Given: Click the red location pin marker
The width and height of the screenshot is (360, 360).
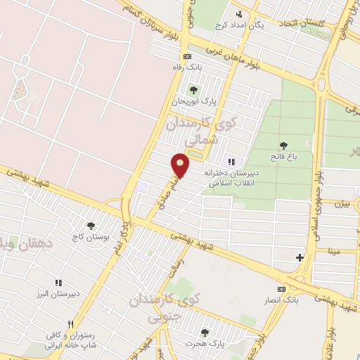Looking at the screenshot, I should (x=181, y=165).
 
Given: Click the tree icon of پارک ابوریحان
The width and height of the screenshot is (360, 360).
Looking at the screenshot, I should (x=193, y=90).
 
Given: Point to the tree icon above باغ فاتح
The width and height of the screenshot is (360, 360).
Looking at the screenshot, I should (x=283, y=146).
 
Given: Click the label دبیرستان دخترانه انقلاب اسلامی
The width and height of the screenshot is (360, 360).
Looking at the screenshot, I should (x=232, y=176).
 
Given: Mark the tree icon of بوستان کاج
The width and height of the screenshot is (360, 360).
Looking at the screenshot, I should (x=91, y=226).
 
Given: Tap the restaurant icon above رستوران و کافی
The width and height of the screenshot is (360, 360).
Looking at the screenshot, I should (x=70, y=324).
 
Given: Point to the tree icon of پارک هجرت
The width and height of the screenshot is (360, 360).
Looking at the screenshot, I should (x=205, y=333).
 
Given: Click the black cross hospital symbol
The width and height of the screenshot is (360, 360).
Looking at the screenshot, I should (x=300, y=257).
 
